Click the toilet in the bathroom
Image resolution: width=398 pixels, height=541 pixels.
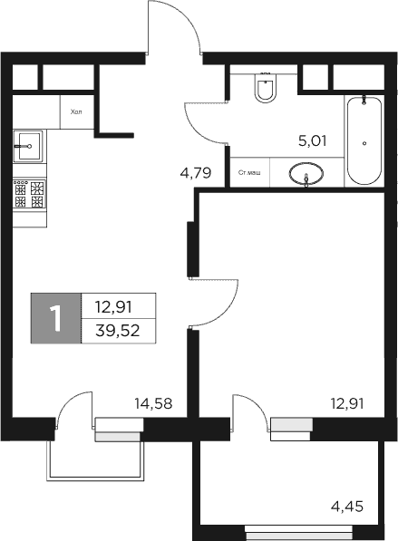click(267, 89)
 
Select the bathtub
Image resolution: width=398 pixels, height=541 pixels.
click(364, 140)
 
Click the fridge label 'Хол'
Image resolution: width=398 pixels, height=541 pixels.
click(75, 112)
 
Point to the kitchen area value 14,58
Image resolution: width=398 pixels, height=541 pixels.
click(153, 403)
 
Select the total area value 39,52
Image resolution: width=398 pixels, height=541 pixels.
click(119, 330)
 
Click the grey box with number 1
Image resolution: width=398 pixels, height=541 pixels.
click(56, 318)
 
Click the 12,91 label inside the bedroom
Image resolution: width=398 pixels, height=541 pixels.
click(346, 403)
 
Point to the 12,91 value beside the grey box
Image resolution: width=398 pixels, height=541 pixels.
click(119, 306)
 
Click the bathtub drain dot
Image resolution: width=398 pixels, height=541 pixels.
click(364, 143)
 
